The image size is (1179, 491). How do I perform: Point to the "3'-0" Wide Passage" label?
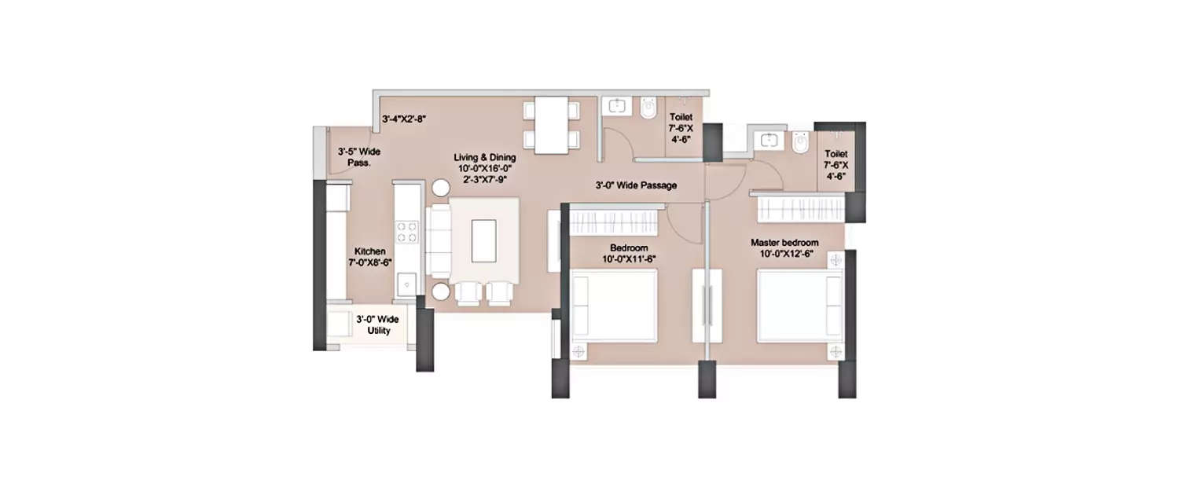pyautogui.click(x=636, y=185)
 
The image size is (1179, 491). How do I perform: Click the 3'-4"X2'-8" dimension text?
pyautogui.click(x=404, y=119)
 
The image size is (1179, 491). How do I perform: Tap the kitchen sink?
pyautogui.click(x=406, y=283)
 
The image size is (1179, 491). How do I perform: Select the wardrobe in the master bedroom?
pyautogui.click(x=800, y=208)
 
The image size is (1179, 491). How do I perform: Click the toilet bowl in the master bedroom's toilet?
pyautogui.click(x=800, y=144)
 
